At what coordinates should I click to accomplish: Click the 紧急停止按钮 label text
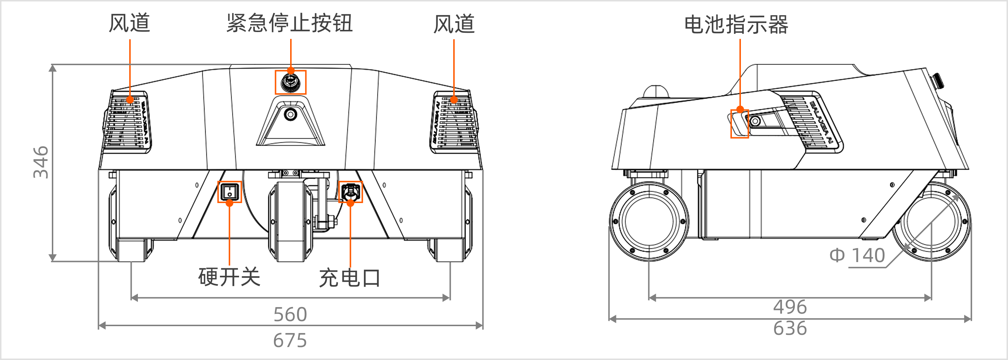tap(289, 23)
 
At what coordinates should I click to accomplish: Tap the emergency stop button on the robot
tap(291, 82)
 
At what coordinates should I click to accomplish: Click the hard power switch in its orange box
tap(229, 192)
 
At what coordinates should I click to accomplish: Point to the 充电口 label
tap(350, 278)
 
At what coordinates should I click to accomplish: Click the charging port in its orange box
tap(350, 192)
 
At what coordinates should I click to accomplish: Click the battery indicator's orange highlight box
tap(739, 123)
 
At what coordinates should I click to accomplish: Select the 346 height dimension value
tap(41, 162)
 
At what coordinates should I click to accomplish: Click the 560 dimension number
tap(290, 314)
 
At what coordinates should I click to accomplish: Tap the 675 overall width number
tap(290, 340)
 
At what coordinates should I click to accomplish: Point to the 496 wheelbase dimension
tap(789, 307)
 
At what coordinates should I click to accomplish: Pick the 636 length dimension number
tap(789, 328)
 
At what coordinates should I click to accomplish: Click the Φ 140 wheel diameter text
tap(857, 256)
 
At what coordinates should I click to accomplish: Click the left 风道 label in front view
tap(129, 23)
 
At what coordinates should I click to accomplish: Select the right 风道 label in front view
tap(454, 24)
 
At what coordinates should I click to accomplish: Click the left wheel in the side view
tap(649, 221)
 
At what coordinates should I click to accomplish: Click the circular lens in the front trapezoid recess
tap(291, 114)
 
